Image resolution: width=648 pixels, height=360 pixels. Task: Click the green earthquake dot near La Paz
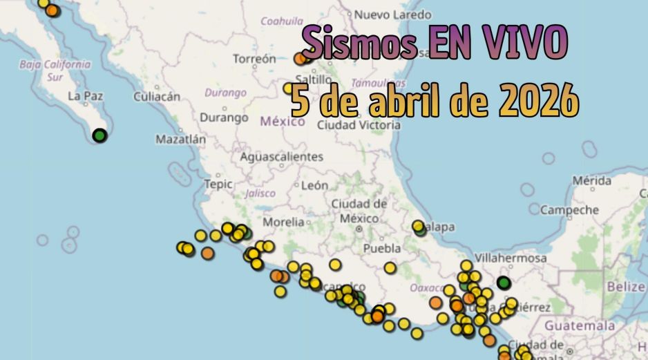pyautogui.click(x=99, y=135)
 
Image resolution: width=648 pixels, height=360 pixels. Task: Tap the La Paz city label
pyautogui.click(x=85, y=96)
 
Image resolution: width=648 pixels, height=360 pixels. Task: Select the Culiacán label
pyautogui.click(x=156, y=97)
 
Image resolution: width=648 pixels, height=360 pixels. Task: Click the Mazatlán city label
pyautogui.click(x=180, y=139)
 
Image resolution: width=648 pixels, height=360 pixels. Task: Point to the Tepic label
pyautogui.click(x=218, y=184)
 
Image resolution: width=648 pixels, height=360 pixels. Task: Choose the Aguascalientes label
pyautogui.click(x=281, y=157)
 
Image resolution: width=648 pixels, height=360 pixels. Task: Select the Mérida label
pyautogui.click(x=591, y=181)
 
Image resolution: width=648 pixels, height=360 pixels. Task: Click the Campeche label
pyautogui.click(x=569, y=209)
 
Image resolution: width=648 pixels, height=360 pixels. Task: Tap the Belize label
pyautogui.click(x=625, y=286)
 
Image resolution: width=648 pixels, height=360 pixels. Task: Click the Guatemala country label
pyautogui.click(x=580, y=325)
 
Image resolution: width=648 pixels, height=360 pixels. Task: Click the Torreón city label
pyautogui.click(x=254, y=59)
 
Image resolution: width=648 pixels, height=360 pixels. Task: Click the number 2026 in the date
pyautogui.click(x=539, y=102)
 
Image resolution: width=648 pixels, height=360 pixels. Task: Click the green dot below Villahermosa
pyautogui.click(x=504, y=282)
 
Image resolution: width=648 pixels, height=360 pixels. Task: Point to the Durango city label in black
pyautogui.click(x=224, y=117)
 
